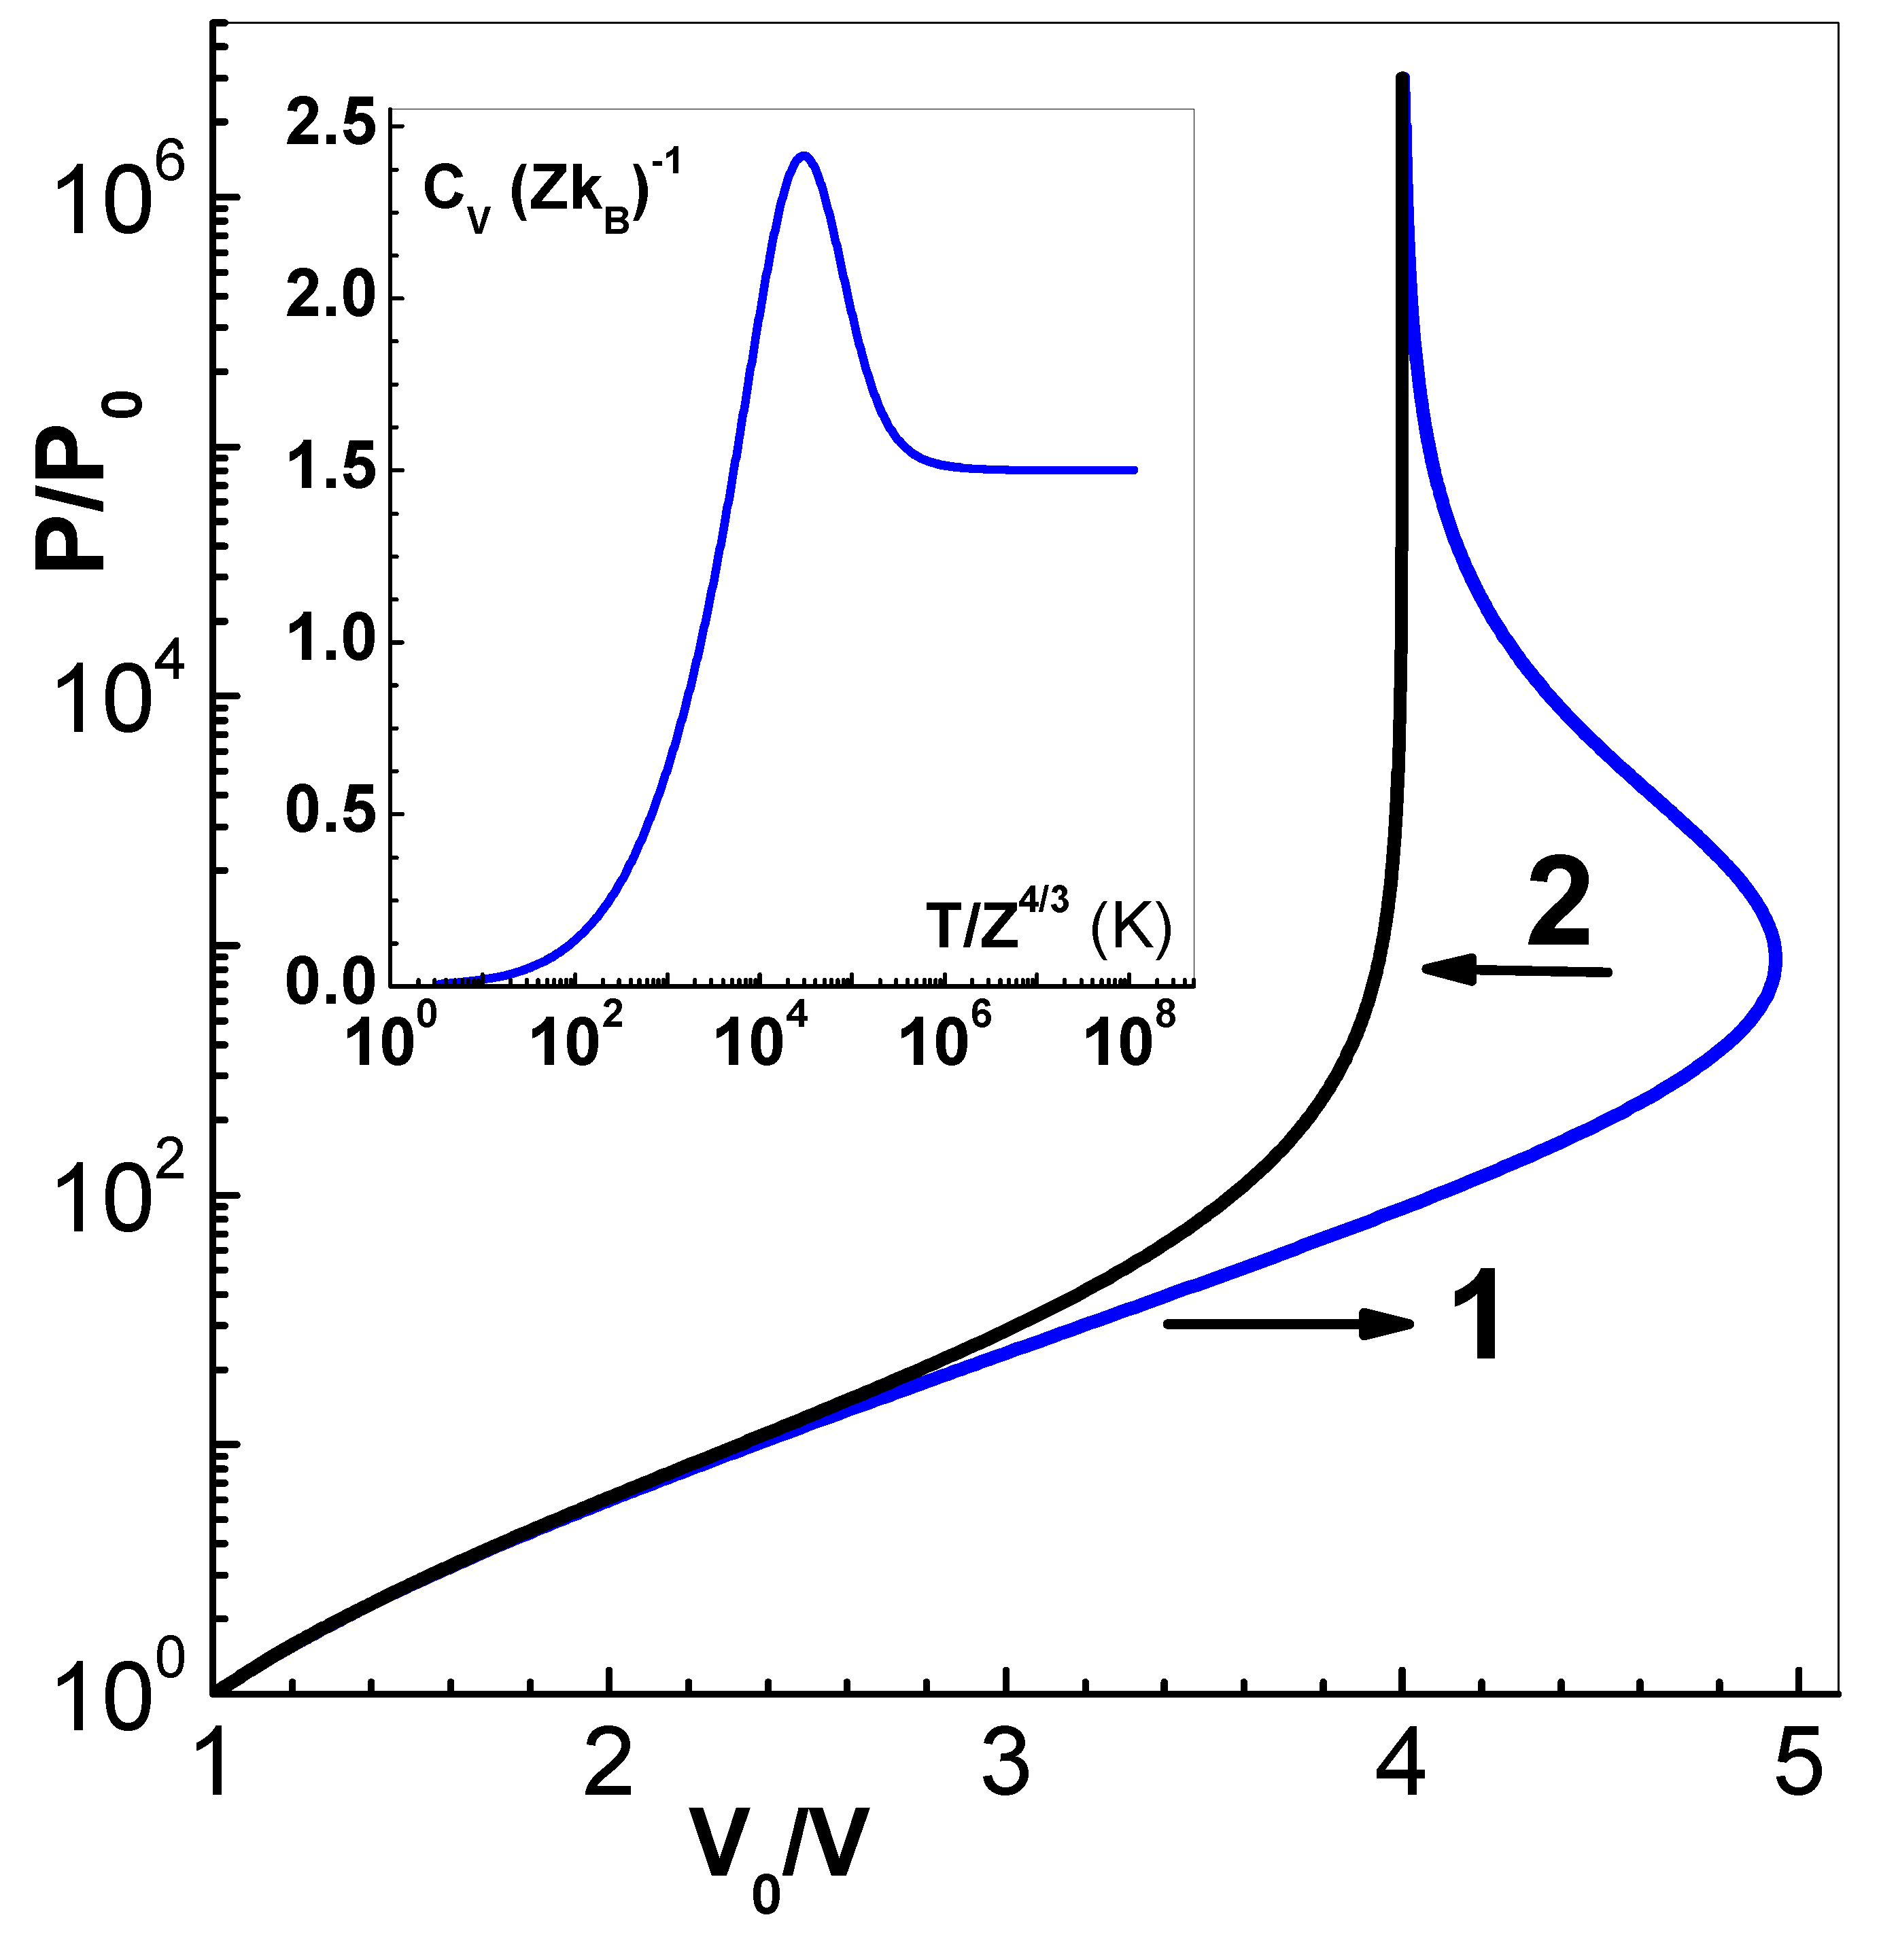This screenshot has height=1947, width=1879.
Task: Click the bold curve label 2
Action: click(1559, 903)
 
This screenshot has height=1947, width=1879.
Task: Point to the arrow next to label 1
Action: click(1288, 1323)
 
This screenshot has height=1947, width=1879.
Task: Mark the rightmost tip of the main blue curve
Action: click(1778, 960)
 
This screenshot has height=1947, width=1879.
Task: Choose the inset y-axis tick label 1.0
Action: click(331, 641)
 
